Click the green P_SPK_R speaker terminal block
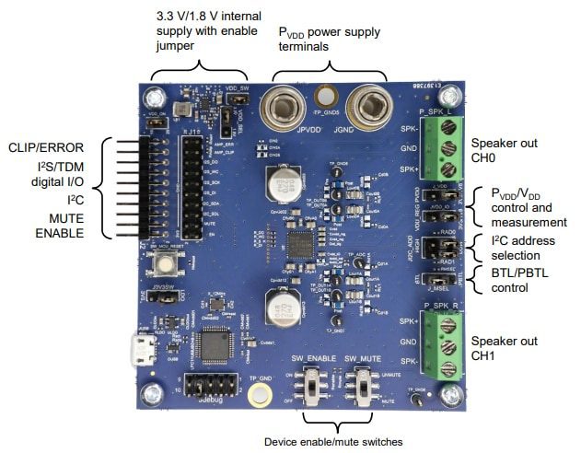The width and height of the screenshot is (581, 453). (448, 341)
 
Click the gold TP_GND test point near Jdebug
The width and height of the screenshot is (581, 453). (259, 395)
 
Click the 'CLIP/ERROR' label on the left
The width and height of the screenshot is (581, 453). (47, 146)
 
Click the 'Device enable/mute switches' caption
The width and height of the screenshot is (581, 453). (332, 442)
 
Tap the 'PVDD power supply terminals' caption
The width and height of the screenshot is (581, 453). (330, 38)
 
